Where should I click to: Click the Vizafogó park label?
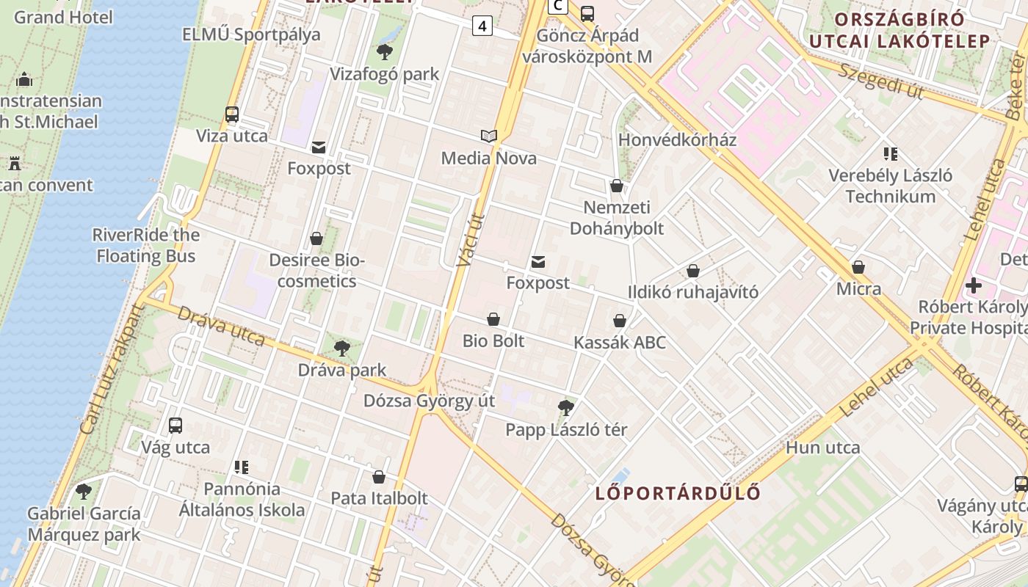pos(384,74)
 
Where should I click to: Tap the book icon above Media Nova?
pos(489,136)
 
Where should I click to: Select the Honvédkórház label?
pos(677,139)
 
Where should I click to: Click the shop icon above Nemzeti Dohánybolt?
pos(617,186)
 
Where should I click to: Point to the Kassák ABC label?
pos(620,343)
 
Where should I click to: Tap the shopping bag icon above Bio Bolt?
pos(493,319)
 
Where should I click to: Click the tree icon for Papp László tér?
pos(565,408)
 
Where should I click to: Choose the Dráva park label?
pos(341,370)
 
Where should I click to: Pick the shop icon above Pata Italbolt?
pos(379,477)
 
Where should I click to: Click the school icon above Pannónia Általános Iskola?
pos(242,467)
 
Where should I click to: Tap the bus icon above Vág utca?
pos(175,426)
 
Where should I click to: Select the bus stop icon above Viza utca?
pos(232,114)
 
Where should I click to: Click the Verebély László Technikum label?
pos(890,186)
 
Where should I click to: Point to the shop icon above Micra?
pos(858,267)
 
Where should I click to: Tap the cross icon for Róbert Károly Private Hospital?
pos(974,285)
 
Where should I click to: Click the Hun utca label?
pos(822,447)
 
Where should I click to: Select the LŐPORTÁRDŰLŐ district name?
pos(678,492)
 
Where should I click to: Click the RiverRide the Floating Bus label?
pos(145,245)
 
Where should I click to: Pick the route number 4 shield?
pos(482,26)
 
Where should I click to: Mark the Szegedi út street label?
pos(879,81)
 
